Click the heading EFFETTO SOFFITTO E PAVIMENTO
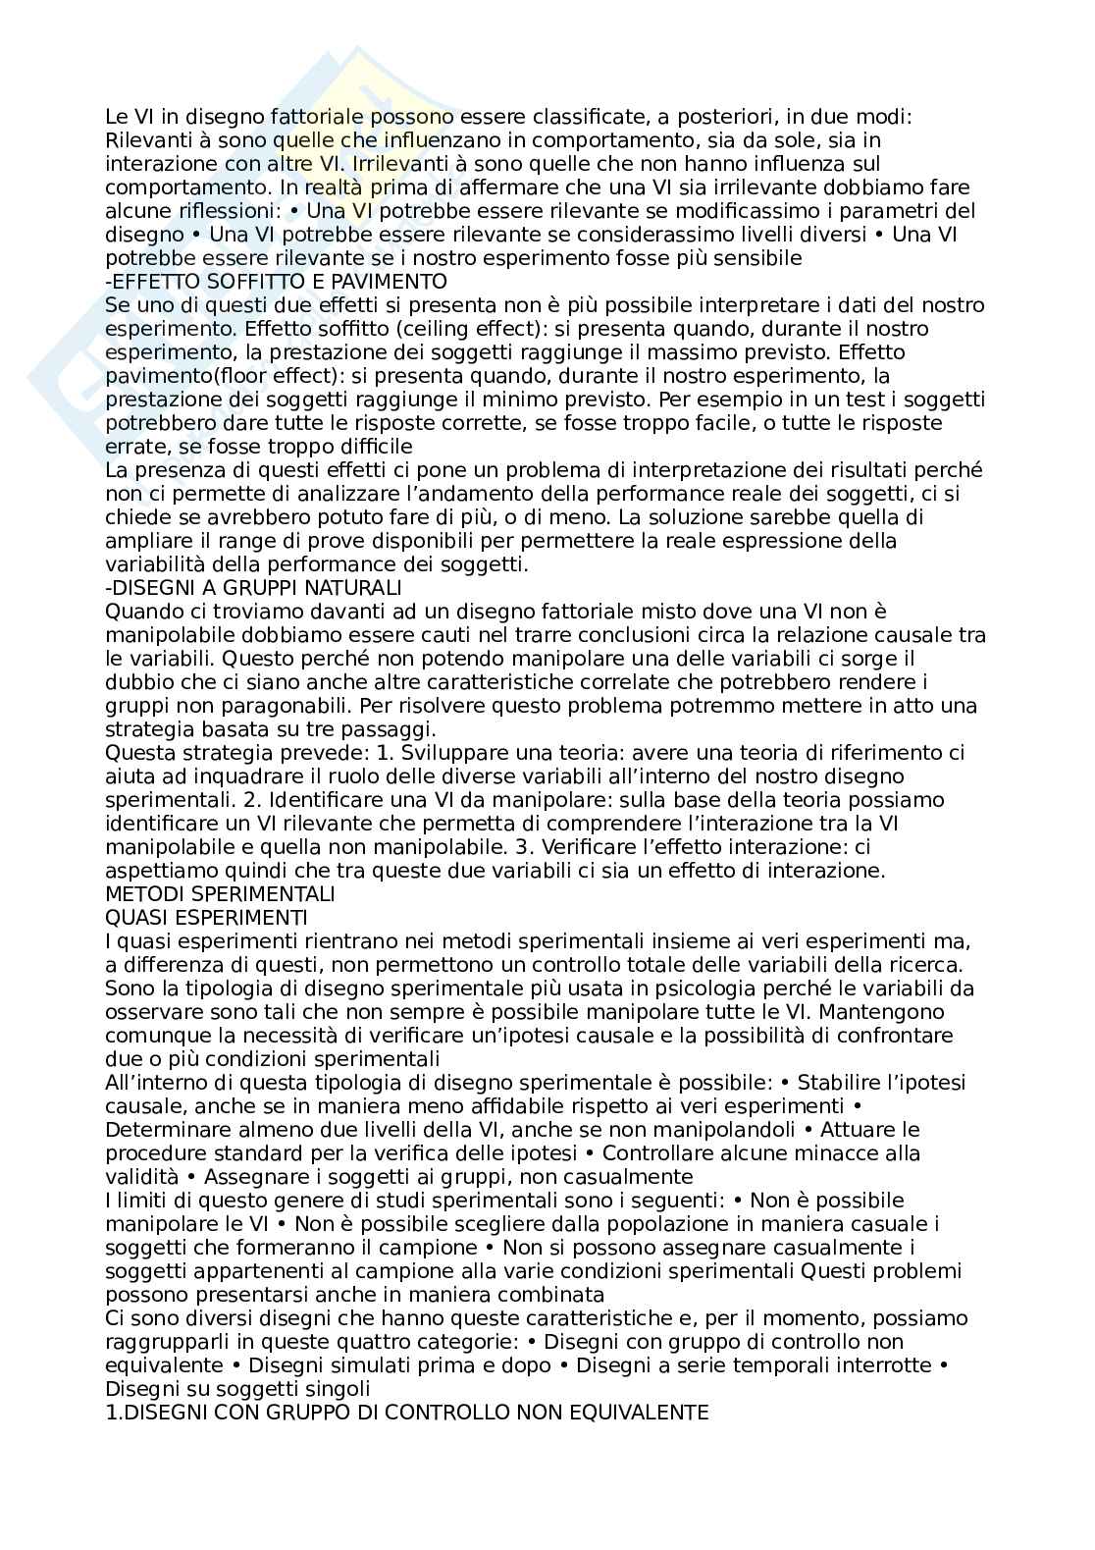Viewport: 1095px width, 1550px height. [276, 282]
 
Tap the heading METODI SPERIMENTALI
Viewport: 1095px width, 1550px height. [220, 894]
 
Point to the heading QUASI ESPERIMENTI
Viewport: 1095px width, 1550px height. [206, 918]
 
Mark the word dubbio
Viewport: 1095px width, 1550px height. [135, 682]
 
